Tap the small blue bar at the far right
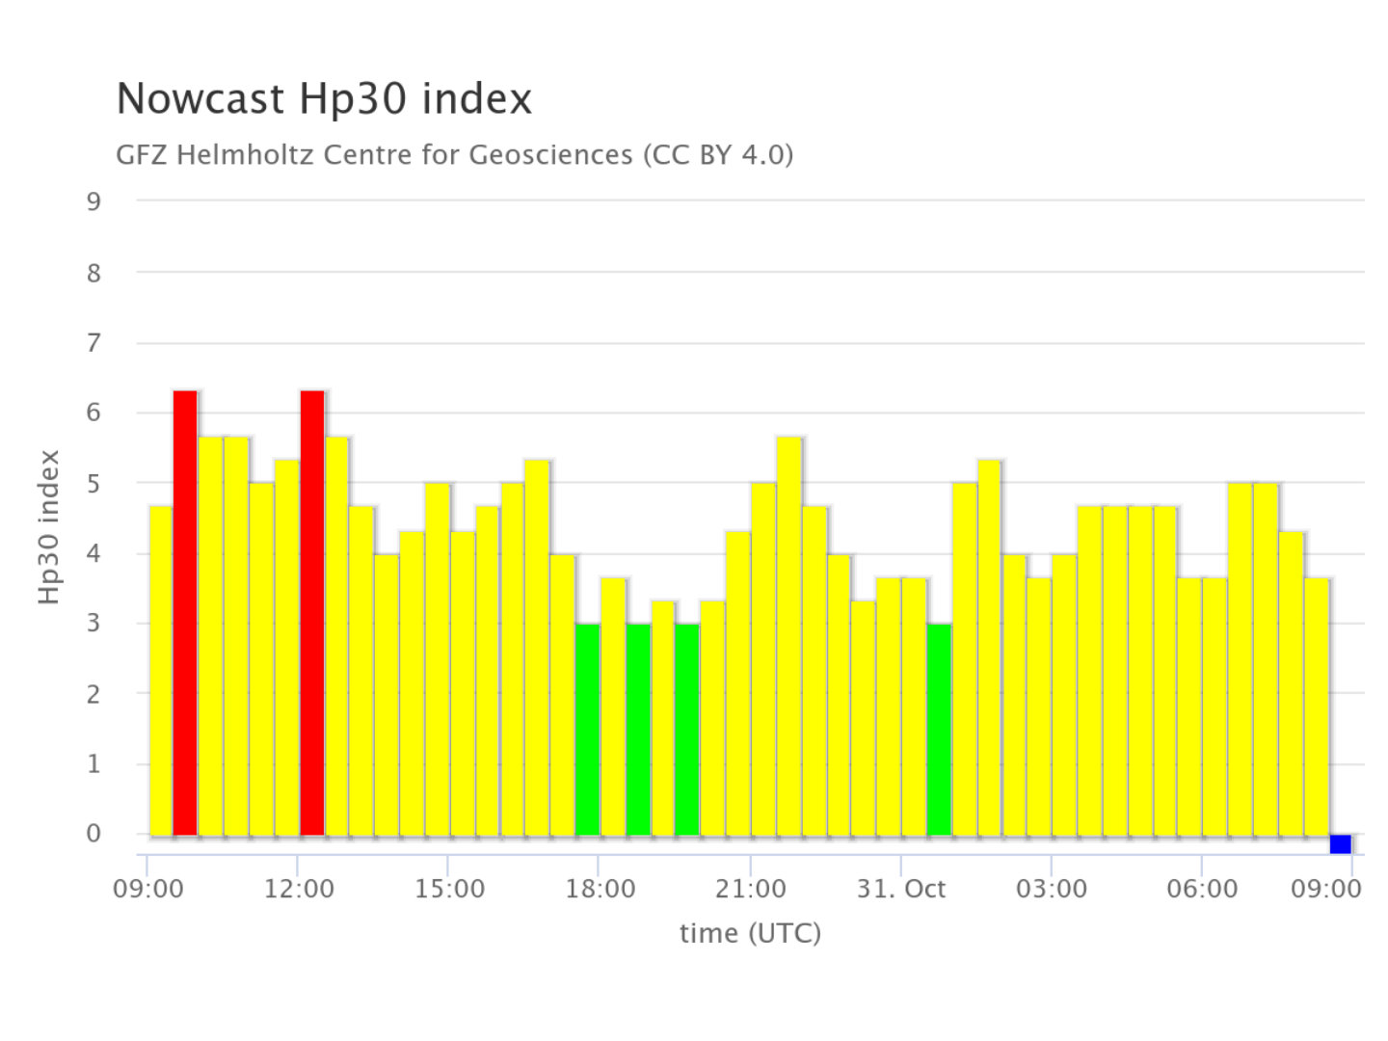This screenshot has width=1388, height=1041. point(1340,844)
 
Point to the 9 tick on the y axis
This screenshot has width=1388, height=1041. point(93,201)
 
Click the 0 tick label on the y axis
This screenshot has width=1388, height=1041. point(93,834)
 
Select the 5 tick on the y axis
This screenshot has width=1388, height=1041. point(93,483)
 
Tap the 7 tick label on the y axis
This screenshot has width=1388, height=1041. point(93,342)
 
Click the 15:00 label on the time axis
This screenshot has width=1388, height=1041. point(449,889)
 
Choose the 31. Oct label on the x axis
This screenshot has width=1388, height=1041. point(901,889)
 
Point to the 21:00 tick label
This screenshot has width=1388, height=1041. point(750,889)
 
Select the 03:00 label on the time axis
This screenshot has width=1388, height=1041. point(1051,889)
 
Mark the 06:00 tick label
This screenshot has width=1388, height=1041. point(1202,889)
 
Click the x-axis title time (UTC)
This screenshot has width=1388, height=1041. point(750,933)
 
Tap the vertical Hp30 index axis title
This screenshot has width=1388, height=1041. point(49,527)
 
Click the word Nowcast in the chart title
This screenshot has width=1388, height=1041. point(200,99)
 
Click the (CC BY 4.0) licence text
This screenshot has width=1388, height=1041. point(718,154)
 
